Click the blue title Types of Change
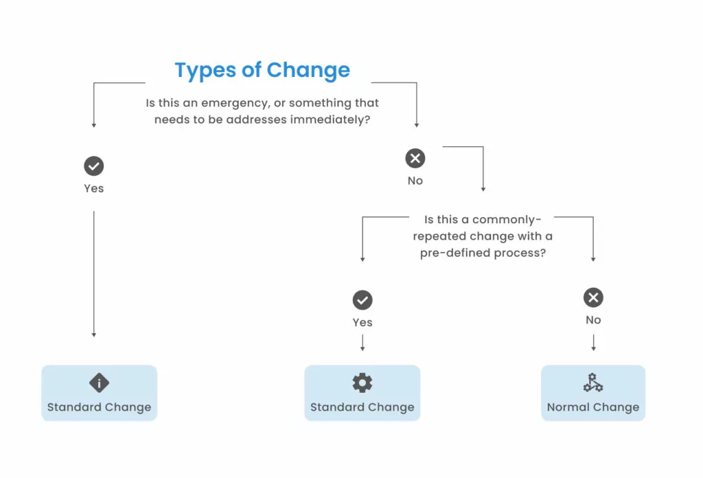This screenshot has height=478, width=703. [262, 71]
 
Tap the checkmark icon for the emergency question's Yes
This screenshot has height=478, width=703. [93, 166]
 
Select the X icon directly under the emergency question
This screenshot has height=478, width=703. [415, 158]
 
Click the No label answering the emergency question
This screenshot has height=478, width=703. [415, 181]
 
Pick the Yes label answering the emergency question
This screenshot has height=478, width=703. [93, 188]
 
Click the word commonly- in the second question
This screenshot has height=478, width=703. [507, 220]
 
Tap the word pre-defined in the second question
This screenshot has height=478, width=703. [455, 253]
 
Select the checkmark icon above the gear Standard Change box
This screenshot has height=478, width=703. [362, 300]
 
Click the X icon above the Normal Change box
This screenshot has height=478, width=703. [593, 297]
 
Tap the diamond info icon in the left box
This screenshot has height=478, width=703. [99, 383]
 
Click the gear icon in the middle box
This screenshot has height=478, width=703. [362, 383]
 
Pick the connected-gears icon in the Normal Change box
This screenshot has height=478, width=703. [593, 383]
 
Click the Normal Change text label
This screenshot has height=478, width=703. [593, 407]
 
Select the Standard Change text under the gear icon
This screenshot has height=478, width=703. [362, 407]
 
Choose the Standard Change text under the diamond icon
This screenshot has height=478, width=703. [99, 407]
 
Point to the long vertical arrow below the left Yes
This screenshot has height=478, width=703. [93, 274]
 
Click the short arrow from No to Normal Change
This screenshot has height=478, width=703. [593, 342]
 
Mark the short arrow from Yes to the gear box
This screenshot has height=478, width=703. [362, 343]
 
